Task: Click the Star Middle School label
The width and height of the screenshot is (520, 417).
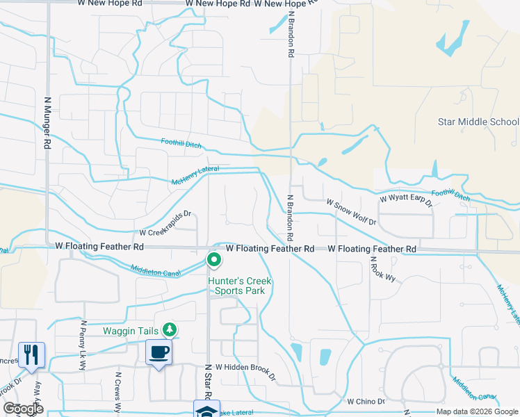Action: [x=478, y=122]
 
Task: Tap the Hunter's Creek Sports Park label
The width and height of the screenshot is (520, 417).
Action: [x=240, y=286]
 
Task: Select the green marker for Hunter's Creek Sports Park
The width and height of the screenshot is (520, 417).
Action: [x=214, y=261]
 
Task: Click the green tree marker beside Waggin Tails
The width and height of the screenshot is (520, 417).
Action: [x=168, y=329]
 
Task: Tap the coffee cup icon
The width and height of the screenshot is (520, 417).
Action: [x=159, y=352]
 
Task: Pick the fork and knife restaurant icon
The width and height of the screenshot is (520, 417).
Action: [x=31, y=354]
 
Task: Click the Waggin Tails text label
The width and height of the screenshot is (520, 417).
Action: [x=132, y=329]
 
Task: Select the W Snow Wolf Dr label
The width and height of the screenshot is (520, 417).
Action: [x=351, y=212]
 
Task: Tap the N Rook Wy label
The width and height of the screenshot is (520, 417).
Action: [x=382, y=269]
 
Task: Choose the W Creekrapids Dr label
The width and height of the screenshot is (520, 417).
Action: [x=165, y=222]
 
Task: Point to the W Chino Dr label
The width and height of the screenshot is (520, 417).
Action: [x=366, y=401]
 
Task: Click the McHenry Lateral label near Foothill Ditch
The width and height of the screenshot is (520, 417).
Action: [x=195, y=175]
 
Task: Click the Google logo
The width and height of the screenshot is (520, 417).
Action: [x=23, y=409]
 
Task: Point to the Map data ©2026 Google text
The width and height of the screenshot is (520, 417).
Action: [x=477, y=411]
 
